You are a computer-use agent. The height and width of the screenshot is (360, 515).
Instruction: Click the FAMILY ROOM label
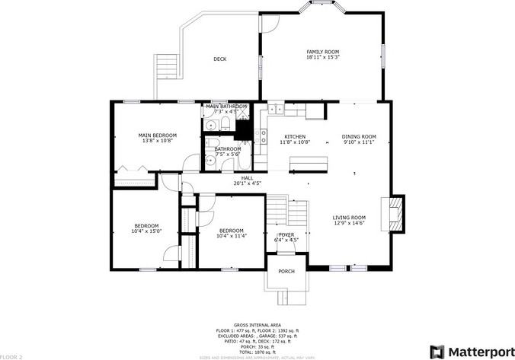322,52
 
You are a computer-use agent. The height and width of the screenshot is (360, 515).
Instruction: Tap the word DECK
219,59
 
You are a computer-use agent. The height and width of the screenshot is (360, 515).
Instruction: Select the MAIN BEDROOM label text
158,135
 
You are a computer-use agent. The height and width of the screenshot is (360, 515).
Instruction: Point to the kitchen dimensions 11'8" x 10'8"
295,142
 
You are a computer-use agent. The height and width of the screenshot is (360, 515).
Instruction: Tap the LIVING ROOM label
349,218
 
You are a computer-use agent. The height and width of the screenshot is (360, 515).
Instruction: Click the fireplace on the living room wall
395,214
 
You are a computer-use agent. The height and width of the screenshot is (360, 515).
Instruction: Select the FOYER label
286,234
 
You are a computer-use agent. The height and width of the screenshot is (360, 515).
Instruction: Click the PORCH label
286,271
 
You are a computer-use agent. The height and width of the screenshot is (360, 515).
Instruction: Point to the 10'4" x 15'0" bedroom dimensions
146,231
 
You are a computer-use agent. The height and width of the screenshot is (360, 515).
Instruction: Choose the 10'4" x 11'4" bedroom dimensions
231,236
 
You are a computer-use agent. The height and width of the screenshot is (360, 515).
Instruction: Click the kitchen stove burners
264,137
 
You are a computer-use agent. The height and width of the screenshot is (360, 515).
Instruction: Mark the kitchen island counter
308,164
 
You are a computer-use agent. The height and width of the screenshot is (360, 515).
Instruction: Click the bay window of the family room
322,7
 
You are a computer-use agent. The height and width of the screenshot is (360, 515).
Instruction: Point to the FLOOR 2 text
11,356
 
